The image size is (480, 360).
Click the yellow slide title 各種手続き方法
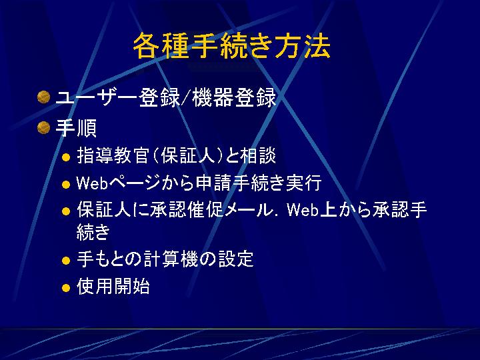coord(232,46)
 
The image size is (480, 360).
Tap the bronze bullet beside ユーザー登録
coord(44,97)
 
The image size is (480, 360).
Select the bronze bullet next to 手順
coord(44,127)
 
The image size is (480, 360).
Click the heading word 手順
coord(76,128)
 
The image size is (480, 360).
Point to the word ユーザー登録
coord(117,97)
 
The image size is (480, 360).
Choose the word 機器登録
coord(234,97)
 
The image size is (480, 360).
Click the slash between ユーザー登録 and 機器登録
coord(186,98)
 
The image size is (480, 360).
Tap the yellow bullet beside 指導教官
coord(66,157)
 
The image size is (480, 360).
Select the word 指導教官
coord(113,155)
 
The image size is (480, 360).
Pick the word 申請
coord(213,183)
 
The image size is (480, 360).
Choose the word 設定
coord(236,259)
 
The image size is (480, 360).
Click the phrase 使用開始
coord(113,286)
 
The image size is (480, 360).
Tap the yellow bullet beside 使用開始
coord(66,288)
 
